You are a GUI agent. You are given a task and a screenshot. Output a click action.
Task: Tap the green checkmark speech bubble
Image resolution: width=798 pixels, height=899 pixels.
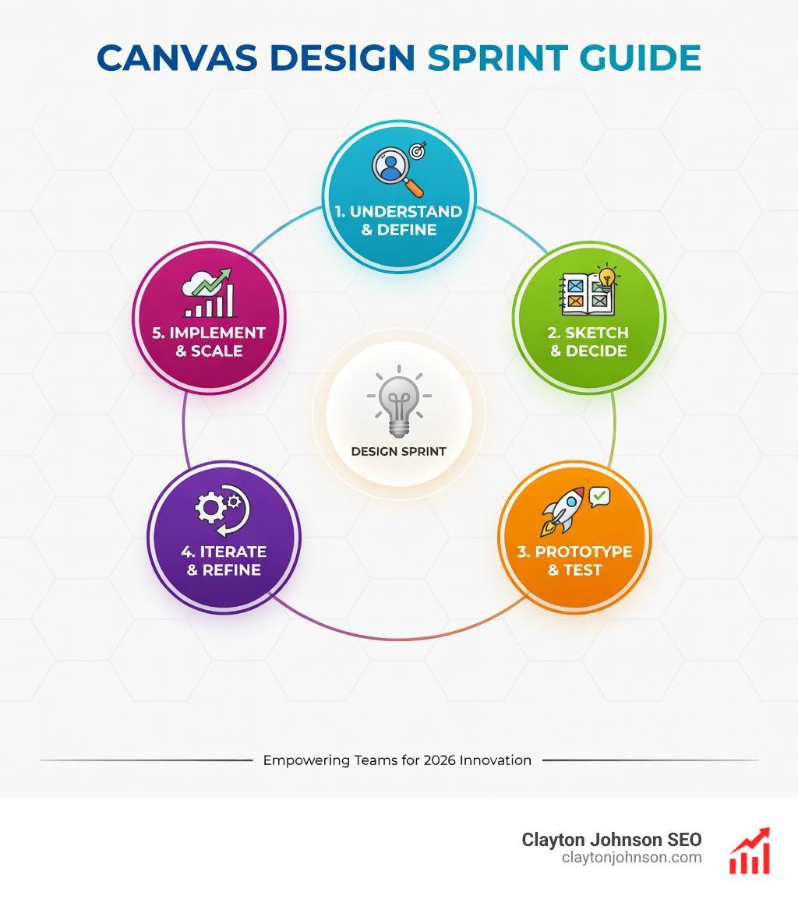point(599,495)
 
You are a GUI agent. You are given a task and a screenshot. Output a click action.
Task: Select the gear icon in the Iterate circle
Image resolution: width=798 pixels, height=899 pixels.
point(210,508)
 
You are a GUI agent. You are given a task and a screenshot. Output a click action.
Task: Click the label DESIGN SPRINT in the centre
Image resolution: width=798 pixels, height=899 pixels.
point(398,452)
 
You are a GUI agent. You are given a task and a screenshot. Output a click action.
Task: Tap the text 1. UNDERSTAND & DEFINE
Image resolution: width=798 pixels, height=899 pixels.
point(398,220)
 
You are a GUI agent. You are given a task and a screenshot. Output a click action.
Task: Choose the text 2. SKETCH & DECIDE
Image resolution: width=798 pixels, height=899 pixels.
point(588,342)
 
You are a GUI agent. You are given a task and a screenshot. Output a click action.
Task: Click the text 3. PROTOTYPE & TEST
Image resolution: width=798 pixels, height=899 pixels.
point(574,560)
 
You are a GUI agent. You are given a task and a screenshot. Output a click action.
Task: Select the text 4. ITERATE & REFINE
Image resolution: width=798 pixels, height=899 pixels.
point(224,560)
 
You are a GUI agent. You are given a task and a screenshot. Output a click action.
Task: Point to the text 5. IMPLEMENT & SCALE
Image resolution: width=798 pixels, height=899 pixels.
point(209,342)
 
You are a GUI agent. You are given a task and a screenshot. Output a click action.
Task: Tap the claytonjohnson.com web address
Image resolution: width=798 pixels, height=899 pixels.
point(631,858)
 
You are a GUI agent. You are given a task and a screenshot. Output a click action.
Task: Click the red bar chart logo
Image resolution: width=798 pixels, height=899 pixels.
point(749,851)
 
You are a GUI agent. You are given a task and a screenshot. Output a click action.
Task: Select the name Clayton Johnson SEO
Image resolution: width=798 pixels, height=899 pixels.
point(612,840)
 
